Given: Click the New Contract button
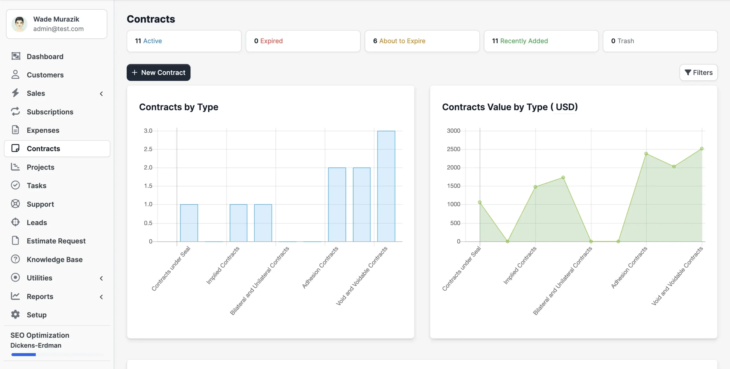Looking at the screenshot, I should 159,73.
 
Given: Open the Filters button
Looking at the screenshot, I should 698,73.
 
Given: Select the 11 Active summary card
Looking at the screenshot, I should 184,41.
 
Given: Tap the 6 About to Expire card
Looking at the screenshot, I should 422,41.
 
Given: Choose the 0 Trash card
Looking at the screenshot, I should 660,41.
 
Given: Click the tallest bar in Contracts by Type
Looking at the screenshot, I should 386,186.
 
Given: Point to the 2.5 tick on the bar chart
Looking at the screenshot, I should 148,149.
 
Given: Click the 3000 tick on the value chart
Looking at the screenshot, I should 453,131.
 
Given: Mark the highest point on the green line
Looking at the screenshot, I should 702,149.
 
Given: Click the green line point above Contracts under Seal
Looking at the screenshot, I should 480,202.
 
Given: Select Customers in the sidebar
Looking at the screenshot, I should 45,75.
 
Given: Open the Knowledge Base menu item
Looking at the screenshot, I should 54,260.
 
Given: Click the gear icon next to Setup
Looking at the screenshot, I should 15,315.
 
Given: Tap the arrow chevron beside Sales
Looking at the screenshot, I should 101,94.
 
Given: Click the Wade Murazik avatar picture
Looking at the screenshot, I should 19,24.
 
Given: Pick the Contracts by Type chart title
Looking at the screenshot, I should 179,107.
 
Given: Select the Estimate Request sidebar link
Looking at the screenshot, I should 56,241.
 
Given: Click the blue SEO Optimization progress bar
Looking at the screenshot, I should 24,355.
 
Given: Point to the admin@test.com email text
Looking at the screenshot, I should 58,29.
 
